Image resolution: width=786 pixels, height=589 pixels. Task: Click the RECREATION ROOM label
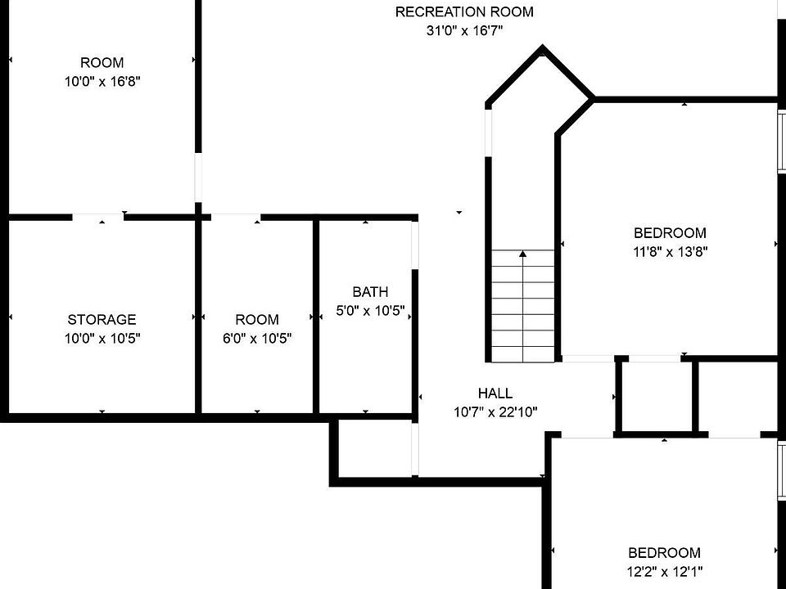(x=464, y=11)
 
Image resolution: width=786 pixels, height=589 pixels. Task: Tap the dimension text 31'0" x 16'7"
(x=464, y=31)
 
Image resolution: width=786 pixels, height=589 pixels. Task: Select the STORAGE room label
(x=102, y=320)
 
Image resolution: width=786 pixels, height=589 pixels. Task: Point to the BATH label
(x=370, y=292)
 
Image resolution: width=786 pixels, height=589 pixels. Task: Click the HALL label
(x=495, y=393)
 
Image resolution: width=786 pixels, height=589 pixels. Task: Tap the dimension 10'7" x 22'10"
(x=495, y=412)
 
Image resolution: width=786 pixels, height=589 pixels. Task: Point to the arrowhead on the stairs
(x=522, y=254)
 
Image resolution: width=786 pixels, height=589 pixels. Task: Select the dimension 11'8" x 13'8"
(x=670, y=252)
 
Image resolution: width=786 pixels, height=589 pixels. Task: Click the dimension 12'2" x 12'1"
(x=664, y=572)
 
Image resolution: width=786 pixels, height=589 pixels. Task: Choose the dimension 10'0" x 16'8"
(x=102, y=82)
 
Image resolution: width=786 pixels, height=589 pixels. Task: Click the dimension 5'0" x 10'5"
(x=370, y=311)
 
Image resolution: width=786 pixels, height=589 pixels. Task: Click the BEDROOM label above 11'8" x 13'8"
(x=670, y=233)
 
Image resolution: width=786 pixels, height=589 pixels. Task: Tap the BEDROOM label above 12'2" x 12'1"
(x=664, y=553)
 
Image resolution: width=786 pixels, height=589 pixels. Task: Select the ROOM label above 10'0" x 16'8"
(x=102, y=63)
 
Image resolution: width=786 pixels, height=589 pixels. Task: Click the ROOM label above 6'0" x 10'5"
(x=257, y=320)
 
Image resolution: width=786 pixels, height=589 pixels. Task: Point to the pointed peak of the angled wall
(x=541, y=50)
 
